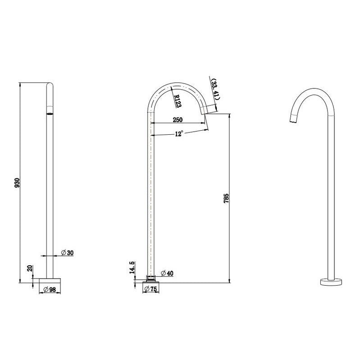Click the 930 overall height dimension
pyautogui.click(x=18, y=182)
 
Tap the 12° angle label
pyautogui.click(x=179, y=134)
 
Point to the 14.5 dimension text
pyautogui.click(x=131, y=267)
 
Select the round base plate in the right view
pyautogui.click(x=331, y=283)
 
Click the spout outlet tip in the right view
pyautogui.click(x=292, y=119)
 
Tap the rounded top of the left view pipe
pyautogui.click(x=50, y=85)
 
